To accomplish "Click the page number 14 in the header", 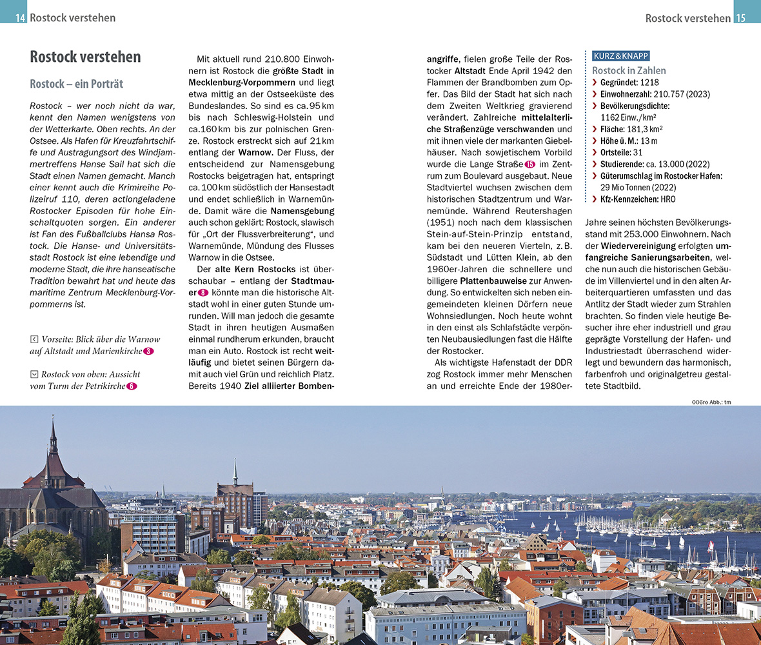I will pyautogui.click(x=21, y=18).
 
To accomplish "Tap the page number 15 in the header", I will pyautogui.click(x=740, y=18).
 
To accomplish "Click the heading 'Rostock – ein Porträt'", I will pyautogui.click(x=76, y=84).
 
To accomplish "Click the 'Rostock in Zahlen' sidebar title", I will pyautogui.click(x=629, y=70).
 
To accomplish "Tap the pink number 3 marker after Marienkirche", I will pyautogui.click(x=148, y=351).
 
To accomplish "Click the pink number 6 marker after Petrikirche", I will pyautogui.click(x=132, y=386).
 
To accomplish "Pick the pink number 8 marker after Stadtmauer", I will pyautogui.click(x=203, y=293).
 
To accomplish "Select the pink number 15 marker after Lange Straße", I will pyautogui.click(x=530, y=164).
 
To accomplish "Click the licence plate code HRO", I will pyautogui.click(x=667, y=199).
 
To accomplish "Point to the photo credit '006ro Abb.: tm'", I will pyautogui.click(x=711, y=402).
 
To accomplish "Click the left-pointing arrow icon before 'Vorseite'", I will pyautogui.click(x=34, y=339).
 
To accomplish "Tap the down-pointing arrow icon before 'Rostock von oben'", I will pyautogui.click(x=34, y=374).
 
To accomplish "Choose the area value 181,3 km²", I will pyautogui.click(x=642, y=129).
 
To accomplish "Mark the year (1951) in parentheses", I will pyautogui.click(x=440, y=223).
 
